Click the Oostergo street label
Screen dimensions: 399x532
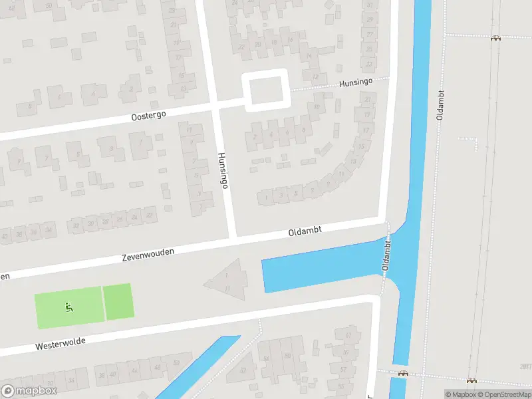point(148,114)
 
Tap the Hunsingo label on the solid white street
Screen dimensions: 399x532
point(222,170)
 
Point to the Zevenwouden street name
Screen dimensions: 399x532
point(148,254)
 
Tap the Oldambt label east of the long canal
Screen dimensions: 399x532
point(440,104)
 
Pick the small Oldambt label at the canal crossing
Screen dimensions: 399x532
point(386,255)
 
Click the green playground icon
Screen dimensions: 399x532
point(68,307)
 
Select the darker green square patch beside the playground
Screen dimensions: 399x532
point(118,301)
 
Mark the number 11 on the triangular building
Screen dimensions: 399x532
point(227,288)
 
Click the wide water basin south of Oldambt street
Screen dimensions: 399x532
point(319,269)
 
